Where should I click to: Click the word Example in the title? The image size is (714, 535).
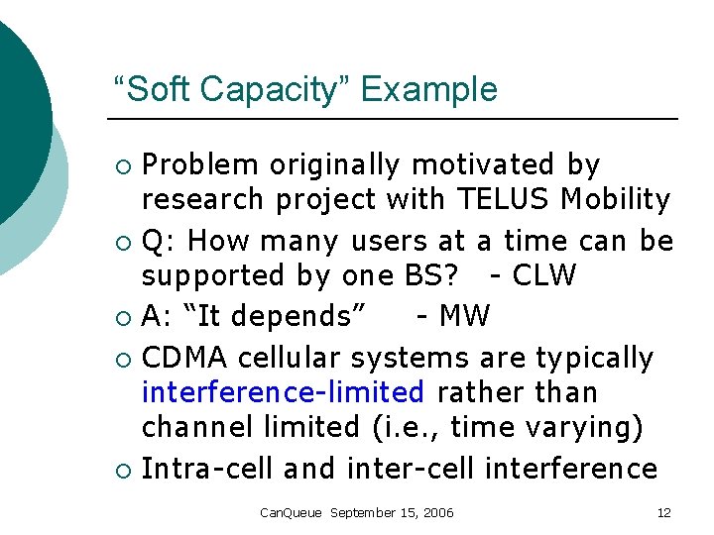point(428,90)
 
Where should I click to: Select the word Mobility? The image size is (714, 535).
point(615,199)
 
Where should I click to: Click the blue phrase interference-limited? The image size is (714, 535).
point(283,392)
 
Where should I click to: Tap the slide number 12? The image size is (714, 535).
point(663,512)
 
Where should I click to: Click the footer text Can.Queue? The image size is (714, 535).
point(291,512)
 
